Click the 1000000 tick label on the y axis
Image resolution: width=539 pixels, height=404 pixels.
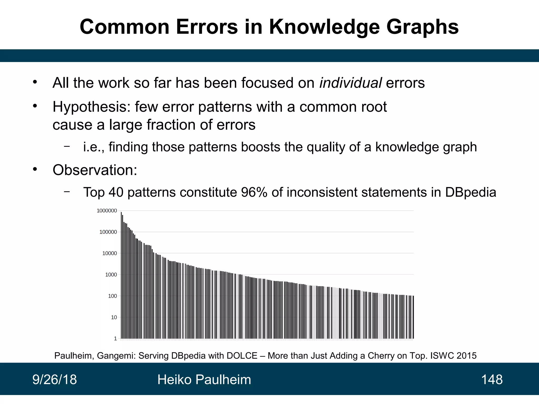click(x=107, y=211)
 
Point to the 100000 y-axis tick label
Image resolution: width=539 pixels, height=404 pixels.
click(x=108, y=232)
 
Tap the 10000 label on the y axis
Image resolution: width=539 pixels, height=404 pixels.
click(x=109, y=253)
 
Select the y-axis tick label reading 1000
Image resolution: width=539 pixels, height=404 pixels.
click(x=111, y=275)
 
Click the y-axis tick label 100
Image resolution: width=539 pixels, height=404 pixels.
click(x=112, y=296)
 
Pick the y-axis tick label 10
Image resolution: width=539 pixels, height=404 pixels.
click(x=114, y=317)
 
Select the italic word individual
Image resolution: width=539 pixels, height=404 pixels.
click(x=350, y=83)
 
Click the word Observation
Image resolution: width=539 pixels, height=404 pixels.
click(x=95, y=170)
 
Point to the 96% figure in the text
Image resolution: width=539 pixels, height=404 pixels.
click(x=254, y=192)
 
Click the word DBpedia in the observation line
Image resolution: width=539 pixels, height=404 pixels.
click(x=471, y=192)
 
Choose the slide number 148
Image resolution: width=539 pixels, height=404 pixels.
click(x=492, y=380)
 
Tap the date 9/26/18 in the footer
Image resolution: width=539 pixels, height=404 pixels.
click(x=54, y=380)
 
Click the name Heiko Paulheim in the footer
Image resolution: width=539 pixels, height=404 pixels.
click(x=204, y=380)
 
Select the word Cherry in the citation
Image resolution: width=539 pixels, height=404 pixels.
click(x=381, y=356)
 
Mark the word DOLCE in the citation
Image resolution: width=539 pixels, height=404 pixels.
click(x=242, y=356)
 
